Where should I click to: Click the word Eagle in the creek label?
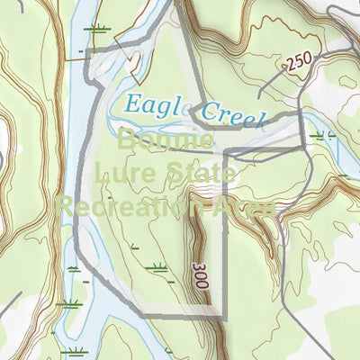(x=154, y=105)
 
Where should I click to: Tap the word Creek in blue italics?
(x=235, y=116)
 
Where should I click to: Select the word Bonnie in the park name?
(x=165, y=141)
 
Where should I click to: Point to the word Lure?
(x=126, y=173)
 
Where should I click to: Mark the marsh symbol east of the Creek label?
(x=322, y=136)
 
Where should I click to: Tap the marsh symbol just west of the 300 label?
(x=158, y=266)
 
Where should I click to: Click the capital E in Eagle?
(x=133, y=103)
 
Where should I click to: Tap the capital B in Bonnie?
(x=127, y=141)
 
